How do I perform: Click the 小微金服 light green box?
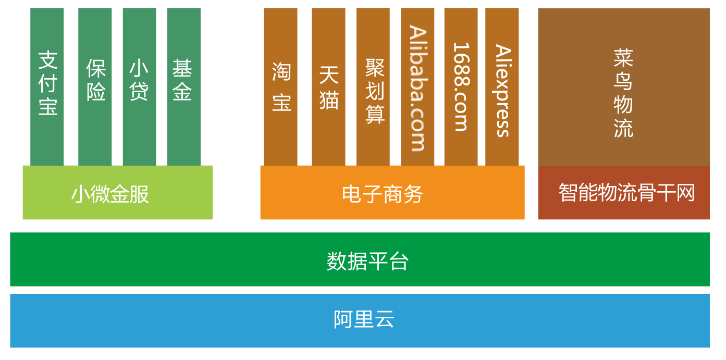(x=117, y=193)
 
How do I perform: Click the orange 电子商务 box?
(x=392, y=193)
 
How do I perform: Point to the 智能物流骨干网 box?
(x=623, y=193)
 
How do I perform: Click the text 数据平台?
(x=367, y=261)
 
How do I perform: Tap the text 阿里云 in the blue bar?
(x=364, y=319)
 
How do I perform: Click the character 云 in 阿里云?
(x=385, y=319)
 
